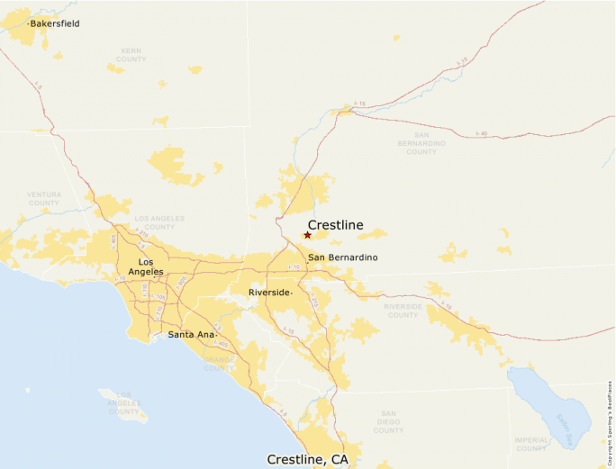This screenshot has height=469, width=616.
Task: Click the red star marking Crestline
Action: (x=307, y=235)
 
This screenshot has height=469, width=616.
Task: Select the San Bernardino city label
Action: (x=342, y=258)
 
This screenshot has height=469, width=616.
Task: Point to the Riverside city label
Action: (x=269, y=293)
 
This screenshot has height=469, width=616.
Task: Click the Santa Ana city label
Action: (x=191, y=335)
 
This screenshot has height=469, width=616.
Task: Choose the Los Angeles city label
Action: (x=145, y=266)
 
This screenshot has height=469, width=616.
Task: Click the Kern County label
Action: (x=131, y=54)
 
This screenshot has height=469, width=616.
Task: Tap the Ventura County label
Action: (x=43, y=198)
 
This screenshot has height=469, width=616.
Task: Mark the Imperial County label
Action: (x=531, y=443)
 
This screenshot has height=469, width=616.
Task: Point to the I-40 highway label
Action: (x=482, y=132)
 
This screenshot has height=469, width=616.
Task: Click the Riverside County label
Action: (x=403, y=311)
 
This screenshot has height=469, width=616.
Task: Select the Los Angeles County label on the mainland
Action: (x=159, y=222)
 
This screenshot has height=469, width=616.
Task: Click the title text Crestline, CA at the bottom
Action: (x=307, y=459)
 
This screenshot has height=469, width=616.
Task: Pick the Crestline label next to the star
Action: (x=336, y=225)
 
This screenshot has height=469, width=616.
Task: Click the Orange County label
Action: (x=219, y=363)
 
